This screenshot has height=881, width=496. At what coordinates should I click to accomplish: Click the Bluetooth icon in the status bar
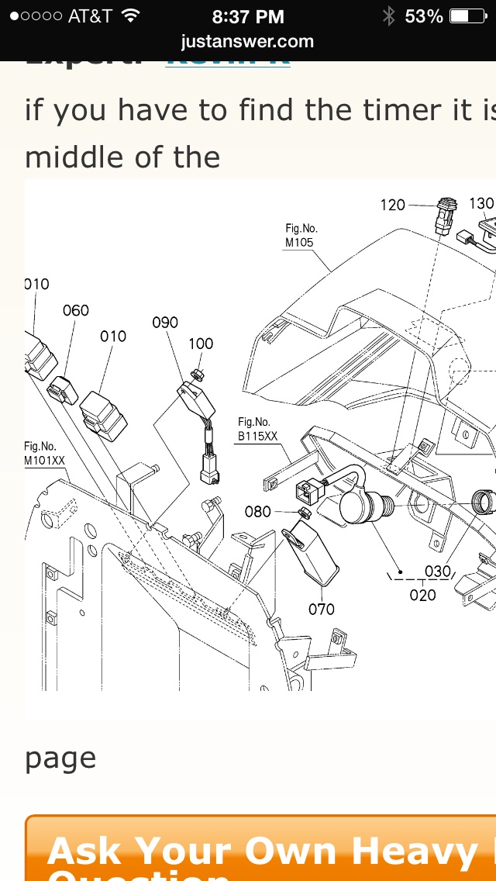coord(388,16)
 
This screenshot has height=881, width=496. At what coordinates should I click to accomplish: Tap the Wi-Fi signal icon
coord(130,16)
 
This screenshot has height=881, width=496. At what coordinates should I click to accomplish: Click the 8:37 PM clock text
coord(248,16)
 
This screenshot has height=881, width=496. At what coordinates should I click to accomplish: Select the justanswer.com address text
coord(247,40)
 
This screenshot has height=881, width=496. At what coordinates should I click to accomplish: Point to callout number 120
coord(392,205)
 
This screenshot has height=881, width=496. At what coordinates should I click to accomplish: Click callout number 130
coord(481,203)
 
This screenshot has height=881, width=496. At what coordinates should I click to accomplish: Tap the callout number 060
coord(75,310)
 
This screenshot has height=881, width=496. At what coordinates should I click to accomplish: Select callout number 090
coord(165,323)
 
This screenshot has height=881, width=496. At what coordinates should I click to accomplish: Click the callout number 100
coord(201,344)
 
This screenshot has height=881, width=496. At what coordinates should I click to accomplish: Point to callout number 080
coord(258,512)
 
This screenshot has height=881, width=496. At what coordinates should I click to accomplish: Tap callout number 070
coord(322,609)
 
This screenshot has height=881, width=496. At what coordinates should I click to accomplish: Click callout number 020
coord(422,595)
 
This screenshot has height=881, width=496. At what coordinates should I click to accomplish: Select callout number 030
coord(438,572)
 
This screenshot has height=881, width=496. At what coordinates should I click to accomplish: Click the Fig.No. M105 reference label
coord(301,235)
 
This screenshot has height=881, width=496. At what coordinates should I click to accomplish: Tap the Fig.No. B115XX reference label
coord(257,428)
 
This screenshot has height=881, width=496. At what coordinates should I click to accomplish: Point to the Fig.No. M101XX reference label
coord(44,453)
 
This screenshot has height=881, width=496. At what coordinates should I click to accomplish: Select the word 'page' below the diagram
coord(60,758)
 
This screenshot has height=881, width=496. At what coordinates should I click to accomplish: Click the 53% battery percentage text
coord(424,16)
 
